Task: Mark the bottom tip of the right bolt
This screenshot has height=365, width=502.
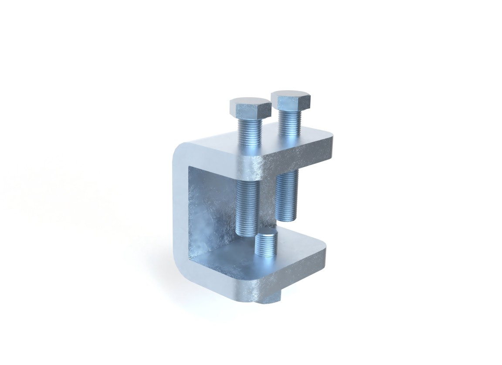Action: (287, 218)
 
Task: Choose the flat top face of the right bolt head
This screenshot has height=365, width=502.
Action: (291, 95)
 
